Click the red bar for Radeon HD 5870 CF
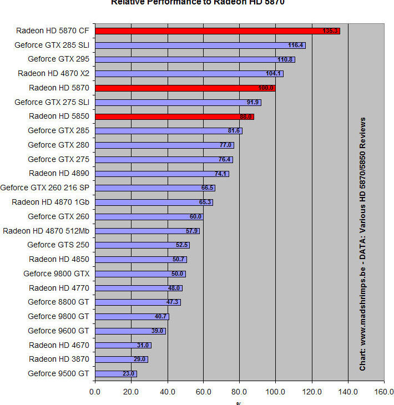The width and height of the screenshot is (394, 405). pos(216,31)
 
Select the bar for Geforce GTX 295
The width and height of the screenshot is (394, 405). pos(194,59)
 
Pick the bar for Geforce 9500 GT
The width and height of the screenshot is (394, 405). pos(115,374)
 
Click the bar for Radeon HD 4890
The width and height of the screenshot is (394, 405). pos(161,174)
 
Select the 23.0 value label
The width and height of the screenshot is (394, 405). pos(129,374)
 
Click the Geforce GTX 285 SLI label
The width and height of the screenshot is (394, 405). pos(52,45)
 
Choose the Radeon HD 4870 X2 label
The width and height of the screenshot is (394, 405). pos(53,73)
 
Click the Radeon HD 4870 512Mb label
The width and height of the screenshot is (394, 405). pos(46,231)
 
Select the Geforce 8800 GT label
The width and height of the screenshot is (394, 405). pos(58,302)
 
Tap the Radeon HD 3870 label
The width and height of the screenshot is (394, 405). pos(59,359)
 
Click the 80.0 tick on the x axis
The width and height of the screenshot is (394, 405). pos(239,391)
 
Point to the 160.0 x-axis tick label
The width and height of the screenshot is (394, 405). pos(383,391)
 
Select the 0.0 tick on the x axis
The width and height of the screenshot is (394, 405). pos(95,391)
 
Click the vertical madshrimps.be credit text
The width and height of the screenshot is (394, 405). pos(363,244)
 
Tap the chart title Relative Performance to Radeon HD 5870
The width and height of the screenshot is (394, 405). pos(198,2)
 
